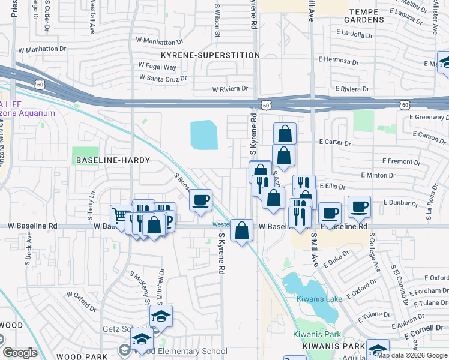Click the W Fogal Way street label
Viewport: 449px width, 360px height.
[x=157, y=67]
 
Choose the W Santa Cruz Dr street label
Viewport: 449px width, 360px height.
[x=163, y=78]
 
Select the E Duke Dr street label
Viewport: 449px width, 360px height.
[x=331, y=260]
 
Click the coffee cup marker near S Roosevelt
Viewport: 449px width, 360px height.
[x=200, y=199]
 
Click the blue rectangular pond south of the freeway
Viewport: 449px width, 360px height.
[x=204, y=135]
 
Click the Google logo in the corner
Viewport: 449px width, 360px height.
[x=20, y=353]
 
